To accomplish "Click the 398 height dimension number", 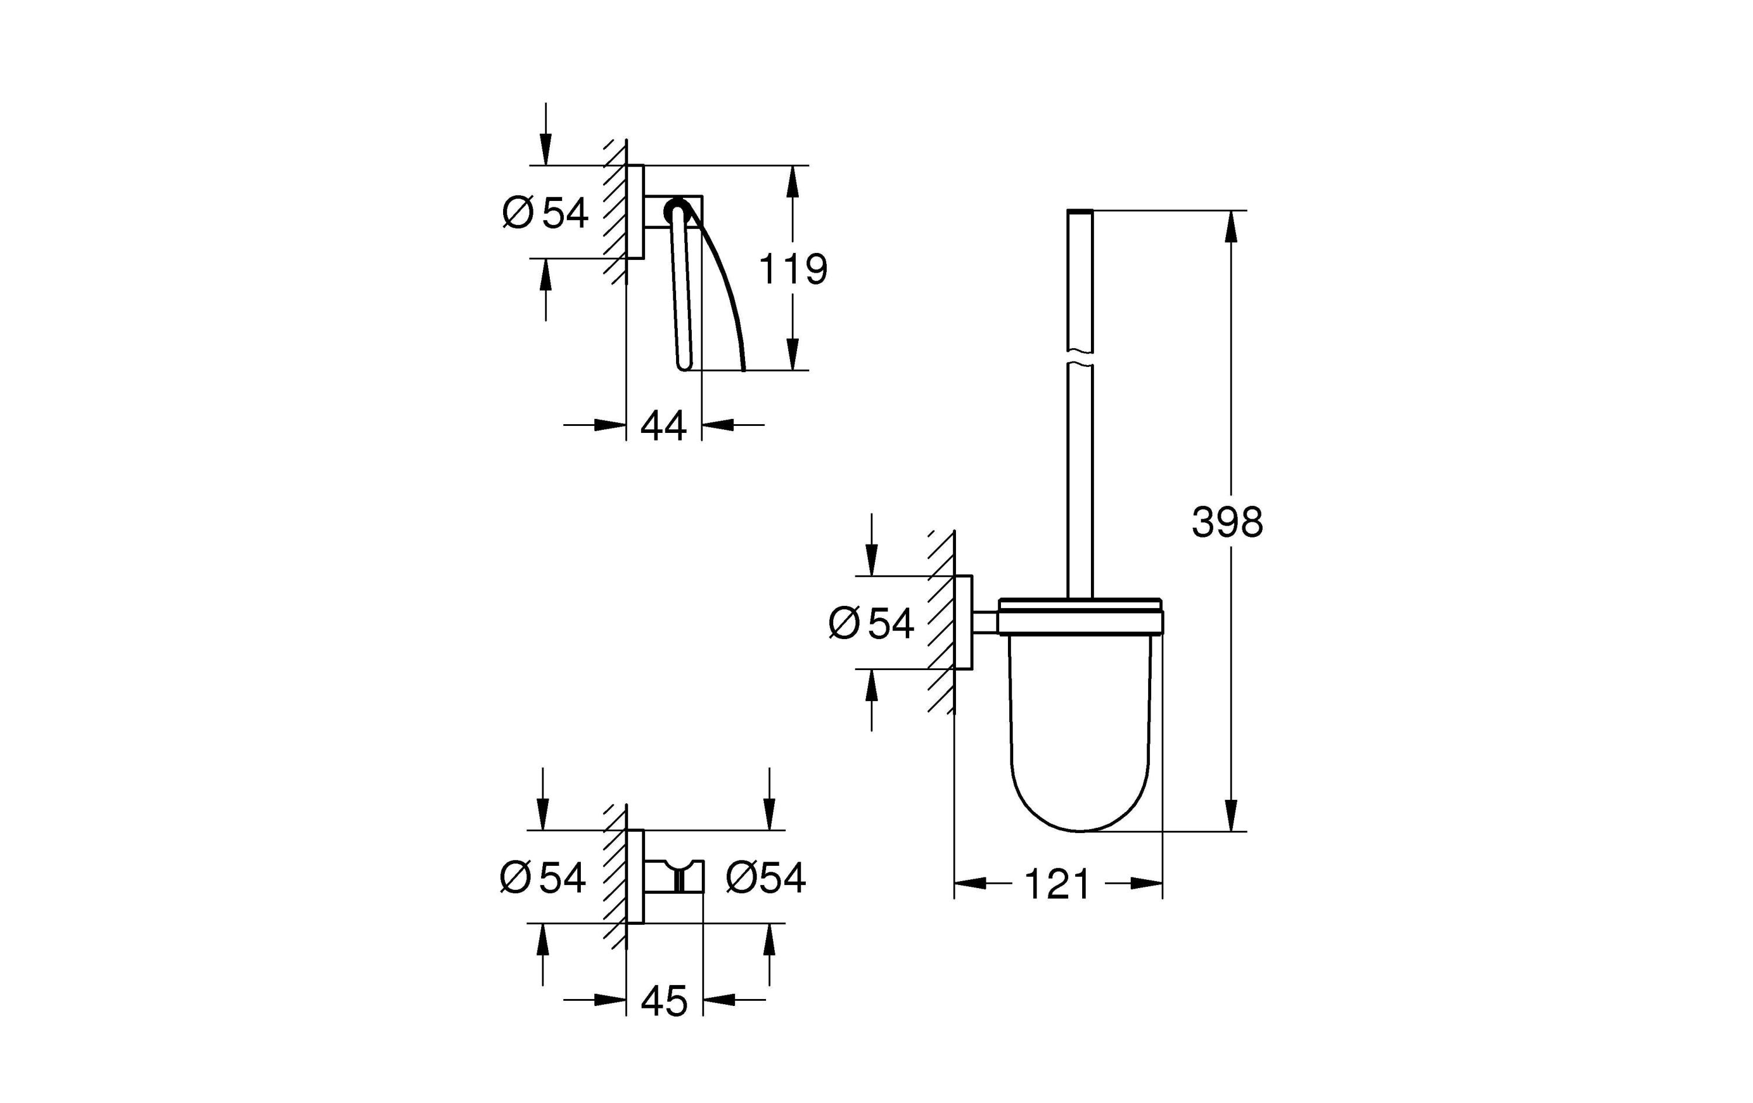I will pos(1227,522).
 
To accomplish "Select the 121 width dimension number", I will pos(1057,885).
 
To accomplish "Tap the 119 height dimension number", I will pos(793,269).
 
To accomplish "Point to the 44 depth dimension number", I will pos(663,426).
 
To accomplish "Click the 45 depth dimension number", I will pos(664,1001).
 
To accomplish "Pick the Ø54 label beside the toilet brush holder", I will pos(871,624).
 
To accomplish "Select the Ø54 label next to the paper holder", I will pos(545,213).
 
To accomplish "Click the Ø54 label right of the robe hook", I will pos(766,877).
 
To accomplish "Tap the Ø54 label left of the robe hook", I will pos(543,877).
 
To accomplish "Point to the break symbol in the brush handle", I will pos(1080,358).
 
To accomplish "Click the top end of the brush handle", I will pos(1080,213).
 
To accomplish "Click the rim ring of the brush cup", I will pos(1080,621).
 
